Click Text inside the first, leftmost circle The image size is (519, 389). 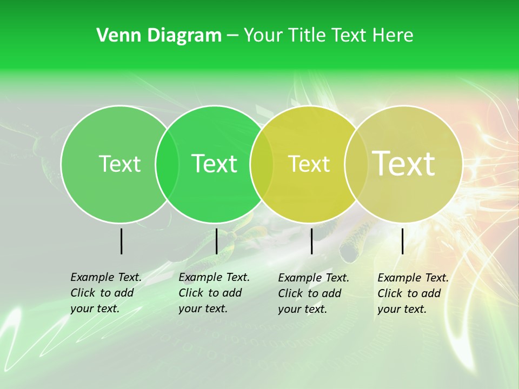click(x=119, y=164)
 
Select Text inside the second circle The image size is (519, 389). click(x=214, y=164)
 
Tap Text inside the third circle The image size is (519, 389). click(x=309, y=164)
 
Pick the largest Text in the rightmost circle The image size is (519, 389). click(x=403, y=164)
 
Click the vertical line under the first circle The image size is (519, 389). click(x=121, y=241)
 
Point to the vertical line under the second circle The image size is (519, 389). click(x=216, y=241)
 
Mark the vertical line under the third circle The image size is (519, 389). click(x=311, y=241)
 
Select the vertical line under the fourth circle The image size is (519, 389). click(x=402, y=241)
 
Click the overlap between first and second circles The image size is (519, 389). click(x=167, y=164)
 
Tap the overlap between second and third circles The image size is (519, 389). click(x=262, y=164)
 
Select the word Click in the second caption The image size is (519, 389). click(x=190, y=293)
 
